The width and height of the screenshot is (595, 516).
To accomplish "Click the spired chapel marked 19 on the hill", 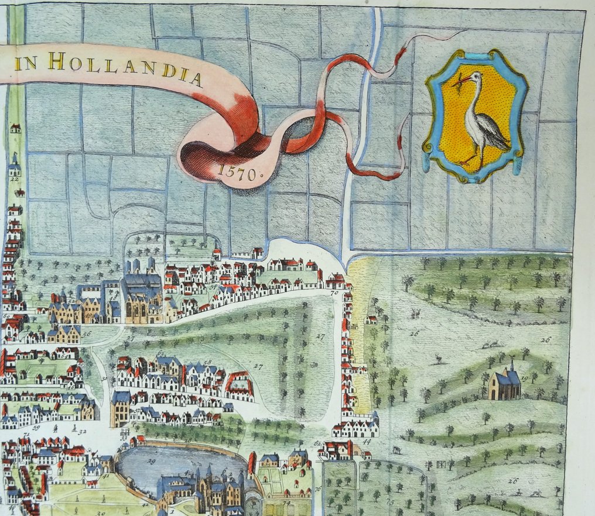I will pos(504,383).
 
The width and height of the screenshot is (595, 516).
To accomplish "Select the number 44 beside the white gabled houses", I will pos(367,442).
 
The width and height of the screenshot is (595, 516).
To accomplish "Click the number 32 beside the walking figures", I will pos(82,432).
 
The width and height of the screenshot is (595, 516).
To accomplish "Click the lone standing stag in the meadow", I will pos(438,359).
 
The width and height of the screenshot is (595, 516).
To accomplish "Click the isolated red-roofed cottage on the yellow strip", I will pos(370,319).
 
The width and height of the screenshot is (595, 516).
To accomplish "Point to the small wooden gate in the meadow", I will pos(444,465).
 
